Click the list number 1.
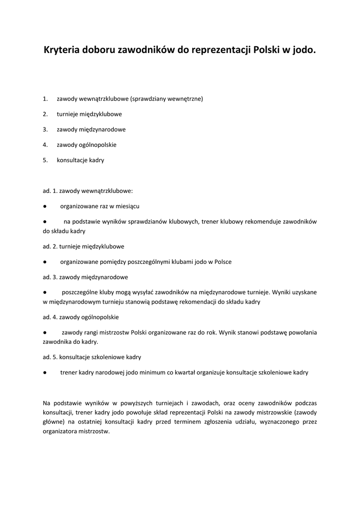45,99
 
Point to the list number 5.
45,160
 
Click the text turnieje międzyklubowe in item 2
89,114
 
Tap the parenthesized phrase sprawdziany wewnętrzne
167,99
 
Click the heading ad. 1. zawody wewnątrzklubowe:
88,190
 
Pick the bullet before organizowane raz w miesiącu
45,206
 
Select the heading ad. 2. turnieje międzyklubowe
83,246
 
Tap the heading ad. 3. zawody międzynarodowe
85,277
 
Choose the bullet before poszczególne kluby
45,292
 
